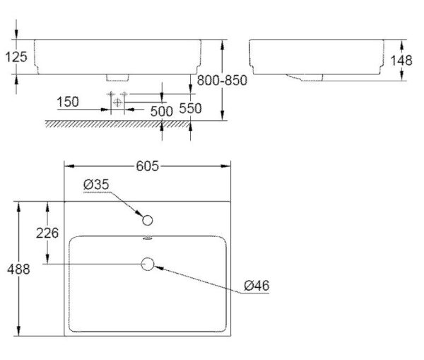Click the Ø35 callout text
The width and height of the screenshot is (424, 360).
point(95,185)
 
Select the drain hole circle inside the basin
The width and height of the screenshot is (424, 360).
point(148,265)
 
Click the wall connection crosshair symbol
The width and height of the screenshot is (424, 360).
point(117,103)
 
